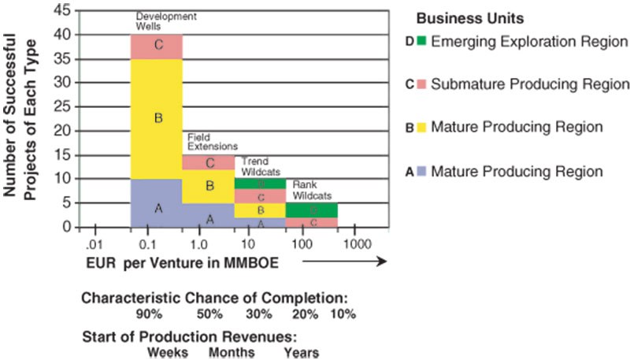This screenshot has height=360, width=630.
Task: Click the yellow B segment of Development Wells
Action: point(157,118)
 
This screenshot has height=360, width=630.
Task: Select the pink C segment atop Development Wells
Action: point(157,46)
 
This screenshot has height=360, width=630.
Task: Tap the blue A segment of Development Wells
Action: point(157,209)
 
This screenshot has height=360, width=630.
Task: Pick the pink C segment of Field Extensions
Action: point(209,162)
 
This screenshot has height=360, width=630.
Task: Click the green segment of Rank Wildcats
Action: point(312,210)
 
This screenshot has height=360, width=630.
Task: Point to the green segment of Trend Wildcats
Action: point(260,184)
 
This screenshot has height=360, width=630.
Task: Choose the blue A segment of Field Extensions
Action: point(209,217)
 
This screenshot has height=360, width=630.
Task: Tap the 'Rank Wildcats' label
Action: point(307,190)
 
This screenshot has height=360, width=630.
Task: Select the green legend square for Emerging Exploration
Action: point(422,40)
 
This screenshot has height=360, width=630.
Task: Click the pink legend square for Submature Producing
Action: point(422,84)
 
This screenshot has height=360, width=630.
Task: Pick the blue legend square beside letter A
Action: point(422,170)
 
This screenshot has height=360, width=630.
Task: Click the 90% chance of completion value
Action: point(148,314)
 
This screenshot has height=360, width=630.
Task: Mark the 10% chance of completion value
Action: point(343,314)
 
